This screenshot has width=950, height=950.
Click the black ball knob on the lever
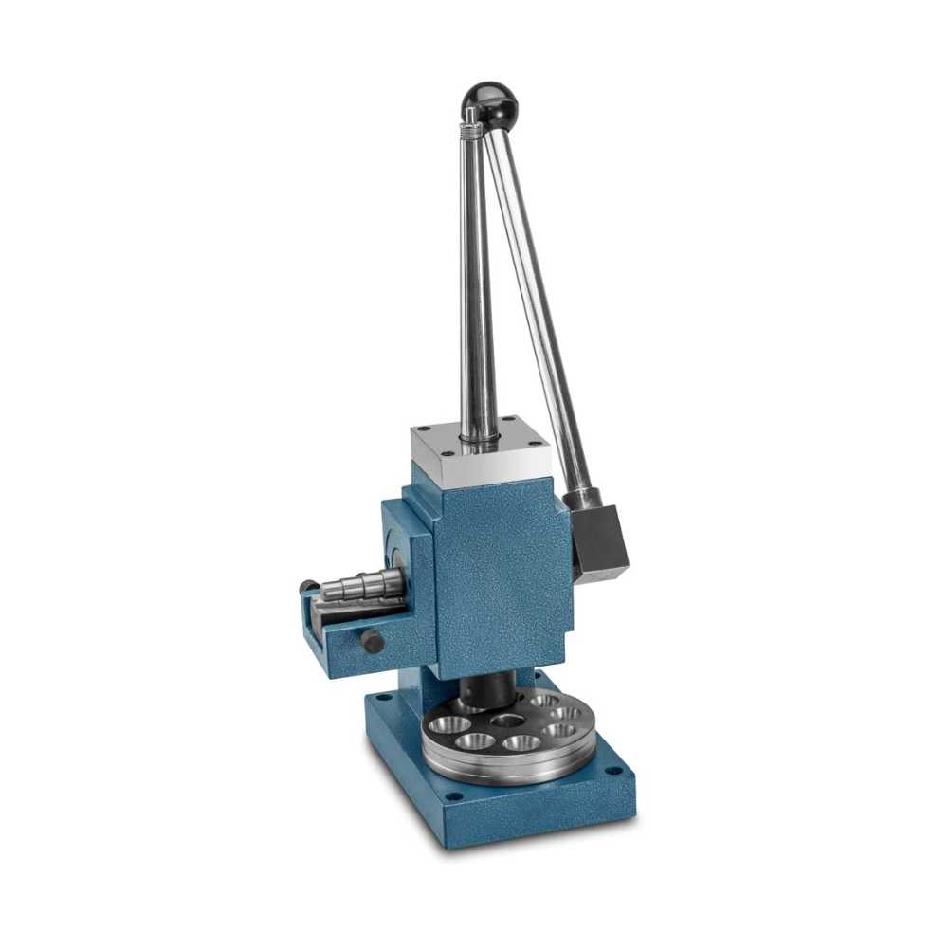489,100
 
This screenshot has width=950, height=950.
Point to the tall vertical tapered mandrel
477,284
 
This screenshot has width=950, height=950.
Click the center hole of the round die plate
509,722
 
